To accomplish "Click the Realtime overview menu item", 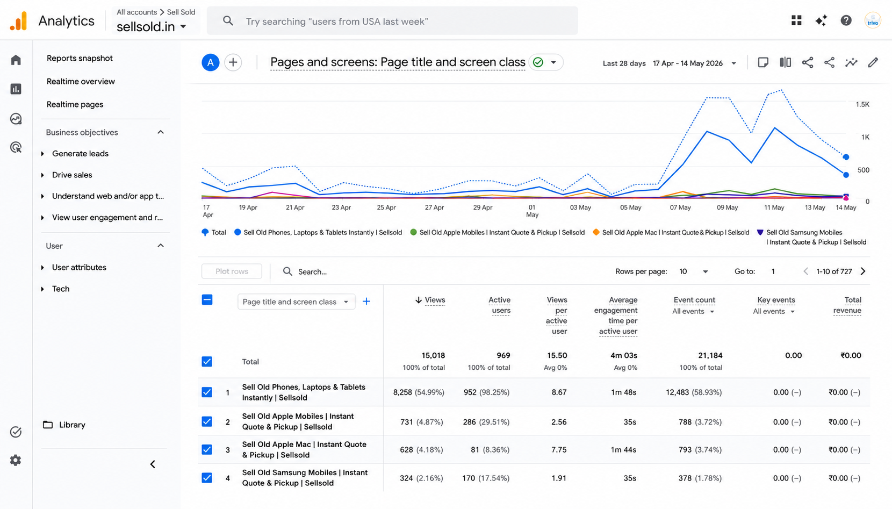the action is tap(81, 81).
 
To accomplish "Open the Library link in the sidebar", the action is tap(71, 425).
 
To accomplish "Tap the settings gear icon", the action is tap(16, 461).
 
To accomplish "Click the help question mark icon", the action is tap(846, 20).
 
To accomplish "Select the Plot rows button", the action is tap(232, 271).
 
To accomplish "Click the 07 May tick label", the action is tap(680, 207).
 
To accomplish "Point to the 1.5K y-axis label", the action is tap(862, 104).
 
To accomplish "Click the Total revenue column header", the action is tap(847, 305).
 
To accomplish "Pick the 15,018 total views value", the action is tap(433, 355).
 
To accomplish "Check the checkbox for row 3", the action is tap(207, 450).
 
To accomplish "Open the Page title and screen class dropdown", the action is tap(296, 302).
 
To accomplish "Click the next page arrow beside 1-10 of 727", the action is tap(863, 271).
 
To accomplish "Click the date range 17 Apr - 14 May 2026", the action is tap(688, 63).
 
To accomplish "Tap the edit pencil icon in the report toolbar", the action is tap(873, 62).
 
